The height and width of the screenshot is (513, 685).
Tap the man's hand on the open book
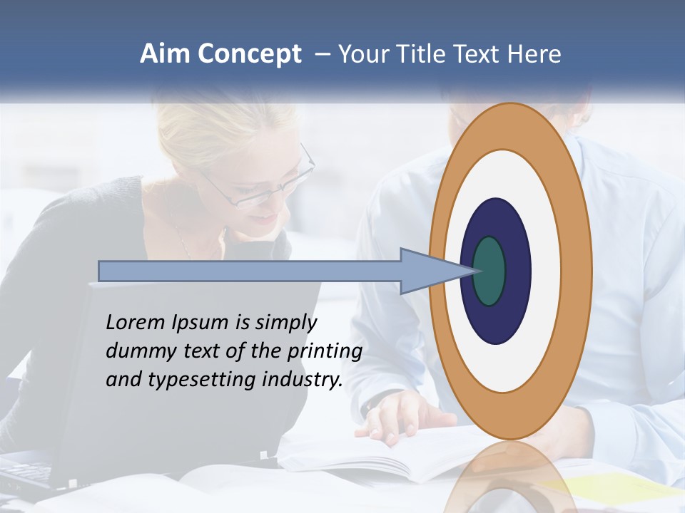pos(400,417)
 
